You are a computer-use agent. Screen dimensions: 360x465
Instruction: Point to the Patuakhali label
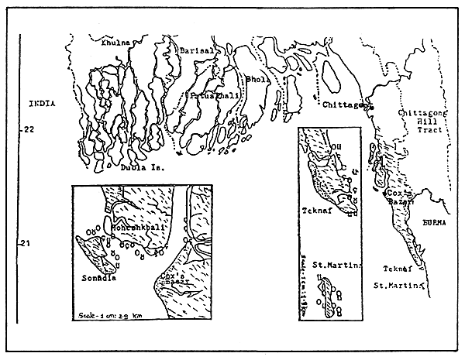211,96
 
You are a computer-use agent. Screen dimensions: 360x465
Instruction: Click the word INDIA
40,103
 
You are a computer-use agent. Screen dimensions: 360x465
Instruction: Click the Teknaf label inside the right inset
315,210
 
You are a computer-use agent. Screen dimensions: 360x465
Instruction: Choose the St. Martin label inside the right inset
325,266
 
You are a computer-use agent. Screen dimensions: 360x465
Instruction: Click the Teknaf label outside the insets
399,269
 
